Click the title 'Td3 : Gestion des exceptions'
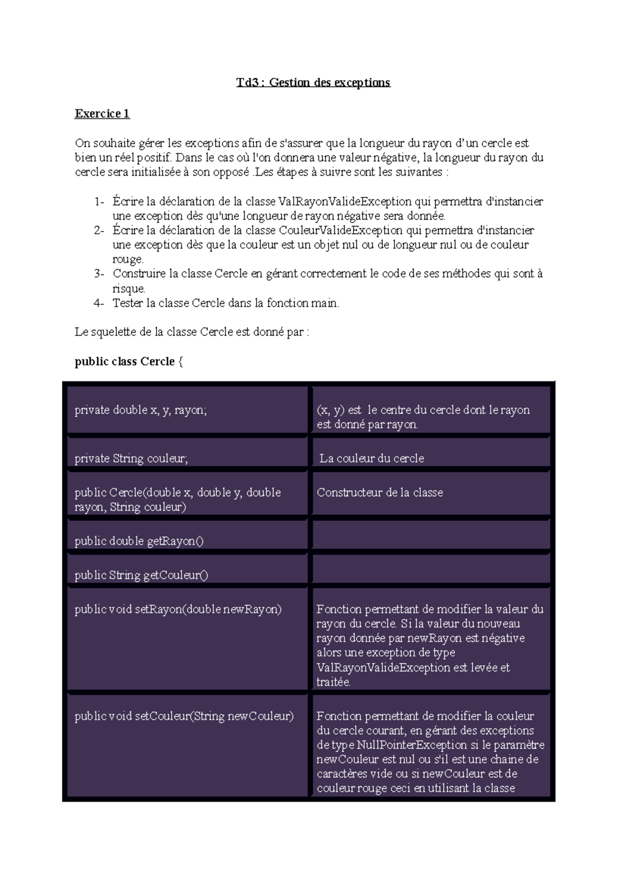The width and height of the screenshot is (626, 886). pyautogui.click(x=313, y=82)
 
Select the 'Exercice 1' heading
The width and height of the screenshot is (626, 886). pyautogui.click(x=102, y=114)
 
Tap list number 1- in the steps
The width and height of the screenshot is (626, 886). pyautogui.click(x=99, y=202)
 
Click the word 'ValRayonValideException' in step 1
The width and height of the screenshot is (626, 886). pyautogui.click(x=345, y=202)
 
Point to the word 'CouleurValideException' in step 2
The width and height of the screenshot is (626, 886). pyautogui.click(x=341, y=231)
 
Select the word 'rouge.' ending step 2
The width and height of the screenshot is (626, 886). pyautogui.click(x=128, y=259)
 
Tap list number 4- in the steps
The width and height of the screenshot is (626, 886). pyautogui.click(x=99, y=303)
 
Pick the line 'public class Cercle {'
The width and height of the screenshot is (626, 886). pyautogui.click(x=129, y=362)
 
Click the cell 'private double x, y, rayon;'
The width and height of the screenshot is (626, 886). pyautogui.click(x=141, y=410)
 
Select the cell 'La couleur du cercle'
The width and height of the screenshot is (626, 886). pyautogui.click(x=371, y=458)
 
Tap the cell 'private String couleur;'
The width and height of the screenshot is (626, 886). pyautogui.click(x=131, y=458)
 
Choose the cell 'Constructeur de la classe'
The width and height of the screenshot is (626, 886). pyautogui.click(x=380, y=493)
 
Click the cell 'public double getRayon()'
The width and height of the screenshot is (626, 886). pyautogui.click(x=139, y=541)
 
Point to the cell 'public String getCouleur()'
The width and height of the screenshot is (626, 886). pyautogui.click(x=141, y=575)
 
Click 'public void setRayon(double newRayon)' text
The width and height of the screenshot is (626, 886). pyautogui.click(x=178, y=609)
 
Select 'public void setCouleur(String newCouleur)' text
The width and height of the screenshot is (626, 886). pyautogui.click(x=184, y=716)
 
